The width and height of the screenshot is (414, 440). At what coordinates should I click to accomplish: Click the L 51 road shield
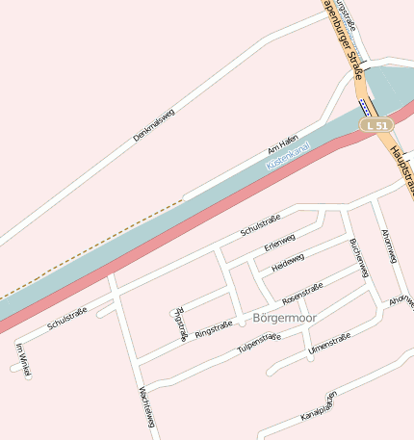point(376,125)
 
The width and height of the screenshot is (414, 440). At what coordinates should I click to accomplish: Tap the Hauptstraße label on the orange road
point(401,168)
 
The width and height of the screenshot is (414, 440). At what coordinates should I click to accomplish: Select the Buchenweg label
point(359,257)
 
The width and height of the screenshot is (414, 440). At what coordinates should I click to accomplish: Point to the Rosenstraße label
point(301,289)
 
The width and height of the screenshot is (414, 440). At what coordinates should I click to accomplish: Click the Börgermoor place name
point(284,317)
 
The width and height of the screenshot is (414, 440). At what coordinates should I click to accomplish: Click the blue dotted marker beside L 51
point(362,105)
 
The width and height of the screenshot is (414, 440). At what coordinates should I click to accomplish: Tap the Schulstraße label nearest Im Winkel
point(67,318)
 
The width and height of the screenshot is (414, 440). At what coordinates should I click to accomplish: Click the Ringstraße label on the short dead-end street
point(180,324)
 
